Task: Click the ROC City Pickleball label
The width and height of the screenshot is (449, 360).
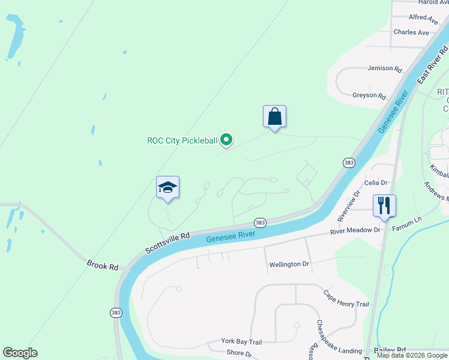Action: [x=182, y=141]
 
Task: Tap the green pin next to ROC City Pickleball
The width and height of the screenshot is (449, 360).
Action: [x=226, y=140]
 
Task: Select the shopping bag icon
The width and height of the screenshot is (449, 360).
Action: [x=274, y=116]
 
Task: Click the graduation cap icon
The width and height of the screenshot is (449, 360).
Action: [x=167, y=187]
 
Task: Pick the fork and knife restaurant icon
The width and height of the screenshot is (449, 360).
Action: [x=384, y=206]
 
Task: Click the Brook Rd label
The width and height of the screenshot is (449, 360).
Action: [x=103, y=265]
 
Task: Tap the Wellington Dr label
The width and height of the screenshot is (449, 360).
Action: [x=289, y=264]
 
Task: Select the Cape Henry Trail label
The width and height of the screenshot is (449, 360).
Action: [x=346, y=299]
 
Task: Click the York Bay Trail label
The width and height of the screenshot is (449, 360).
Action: [x=241, y=341]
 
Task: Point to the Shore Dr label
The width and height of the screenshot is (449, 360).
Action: [x=240, y=355]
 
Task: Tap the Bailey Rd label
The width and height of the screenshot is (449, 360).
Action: [x=390, y=350]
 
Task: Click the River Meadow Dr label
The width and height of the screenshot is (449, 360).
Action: [x=356, y=230]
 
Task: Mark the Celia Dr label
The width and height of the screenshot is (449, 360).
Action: [x=376, y=182]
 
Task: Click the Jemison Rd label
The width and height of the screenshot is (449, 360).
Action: [x=384, y=69]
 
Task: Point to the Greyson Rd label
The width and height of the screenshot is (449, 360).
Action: [x=369, y=95]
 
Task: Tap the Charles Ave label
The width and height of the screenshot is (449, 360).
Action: [x=411, y=32]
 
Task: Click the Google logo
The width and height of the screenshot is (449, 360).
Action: [x=20, y=353]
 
